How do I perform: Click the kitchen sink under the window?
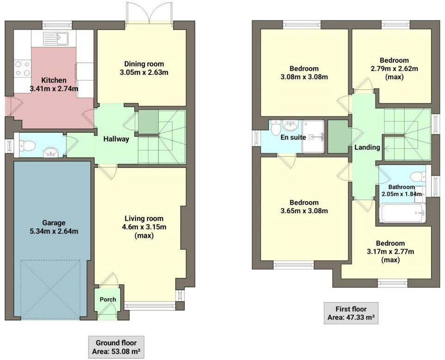(x=56, y=39)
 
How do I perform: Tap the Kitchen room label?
(x=54, y=80)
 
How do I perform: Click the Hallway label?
(x=116, y=139)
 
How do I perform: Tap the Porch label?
(x=108, y=299)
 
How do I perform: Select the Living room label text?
(x=143, y=219)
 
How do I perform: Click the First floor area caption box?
(x=351, y=313)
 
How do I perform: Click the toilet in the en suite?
(x=276, y=127)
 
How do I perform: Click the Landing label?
(x=367, y=147)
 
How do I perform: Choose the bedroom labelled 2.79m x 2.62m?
(x=394, y=69)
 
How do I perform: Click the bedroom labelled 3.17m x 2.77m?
(x=390, y=251)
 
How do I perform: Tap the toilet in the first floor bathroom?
(x=417, y=176)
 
